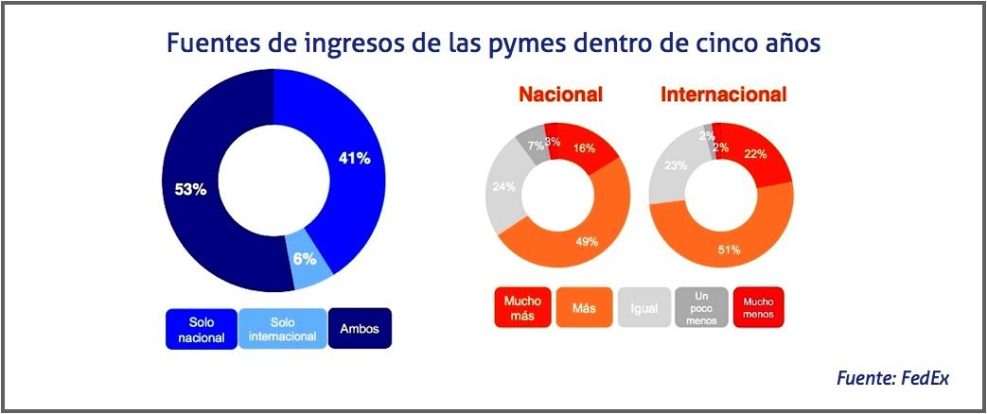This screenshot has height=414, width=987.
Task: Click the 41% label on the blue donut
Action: [x=354, y=158]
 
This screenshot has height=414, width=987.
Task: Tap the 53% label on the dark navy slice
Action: [x=190, y=189]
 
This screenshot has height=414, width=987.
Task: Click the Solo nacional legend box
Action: [x=201, y=329]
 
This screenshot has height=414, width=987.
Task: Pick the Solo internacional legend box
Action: [x=283, y=329]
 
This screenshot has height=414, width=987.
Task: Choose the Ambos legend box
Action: [x=360, y=329]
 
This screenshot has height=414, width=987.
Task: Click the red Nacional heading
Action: [x=560, y=95]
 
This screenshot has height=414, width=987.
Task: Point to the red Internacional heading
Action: [x=723, y=95]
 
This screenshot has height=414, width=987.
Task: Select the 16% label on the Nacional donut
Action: [x=584, y=147]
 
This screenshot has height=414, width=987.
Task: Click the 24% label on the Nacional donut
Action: [x=502, y=186]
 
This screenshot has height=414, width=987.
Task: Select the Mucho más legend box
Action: [x=523, y=308]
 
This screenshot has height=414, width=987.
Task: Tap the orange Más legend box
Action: [x=584, y=308]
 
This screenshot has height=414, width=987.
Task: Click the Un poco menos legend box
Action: [x=700, y=308]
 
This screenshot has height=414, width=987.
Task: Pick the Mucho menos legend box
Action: [x=758, y=308]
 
